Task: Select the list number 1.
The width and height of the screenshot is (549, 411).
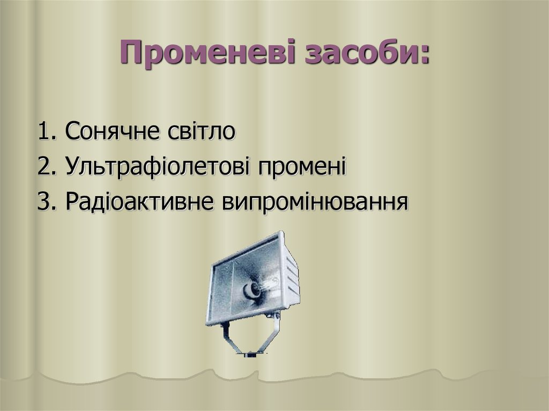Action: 44,132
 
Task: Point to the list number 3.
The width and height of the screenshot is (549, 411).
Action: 44,202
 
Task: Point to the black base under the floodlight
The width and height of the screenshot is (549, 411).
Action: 251,354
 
